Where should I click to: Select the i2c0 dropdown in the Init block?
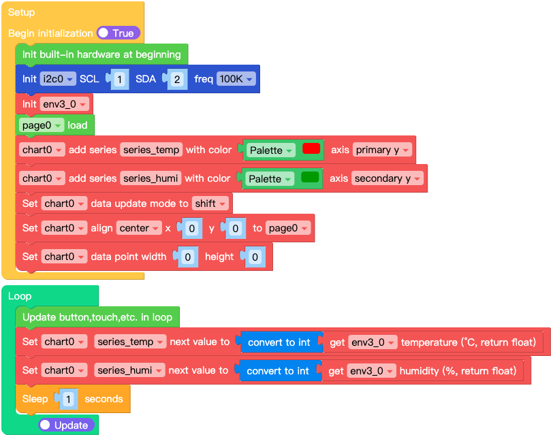point(57,79)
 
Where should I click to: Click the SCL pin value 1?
point(119,80)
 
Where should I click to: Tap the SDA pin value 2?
point(177,80)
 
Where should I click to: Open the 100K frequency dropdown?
point(236,79)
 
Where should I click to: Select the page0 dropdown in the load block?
point(42,125)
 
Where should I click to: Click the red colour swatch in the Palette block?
point(311,148)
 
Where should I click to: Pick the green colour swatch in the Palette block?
point(310,178)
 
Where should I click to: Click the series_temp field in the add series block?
point(151,150)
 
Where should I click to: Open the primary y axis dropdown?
point(382,150)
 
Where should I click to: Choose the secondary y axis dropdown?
point(387,178)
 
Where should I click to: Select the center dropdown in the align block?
point(139,228)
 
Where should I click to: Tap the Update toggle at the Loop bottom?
point(67,425)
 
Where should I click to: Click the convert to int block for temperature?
point(279,342)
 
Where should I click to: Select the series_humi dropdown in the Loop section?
point(129,370)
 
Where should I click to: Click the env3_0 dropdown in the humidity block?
point(371,371)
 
